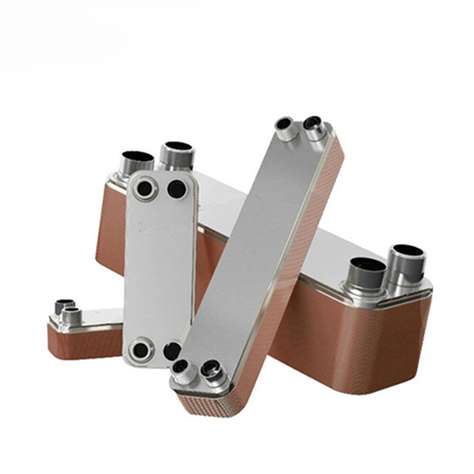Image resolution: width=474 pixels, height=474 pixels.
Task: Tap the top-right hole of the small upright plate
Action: click(177, 189)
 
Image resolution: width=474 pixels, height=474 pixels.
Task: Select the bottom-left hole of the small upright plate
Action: click(141, 350)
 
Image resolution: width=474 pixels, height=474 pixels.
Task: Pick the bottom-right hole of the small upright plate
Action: click(172, 351)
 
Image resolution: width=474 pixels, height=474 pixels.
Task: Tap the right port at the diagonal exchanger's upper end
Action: click(313, 124)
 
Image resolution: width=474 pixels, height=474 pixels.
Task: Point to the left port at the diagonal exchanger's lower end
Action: click(181, 367)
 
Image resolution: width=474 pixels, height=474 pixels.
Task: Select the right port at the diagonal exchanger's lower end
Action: click(211, 367)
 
